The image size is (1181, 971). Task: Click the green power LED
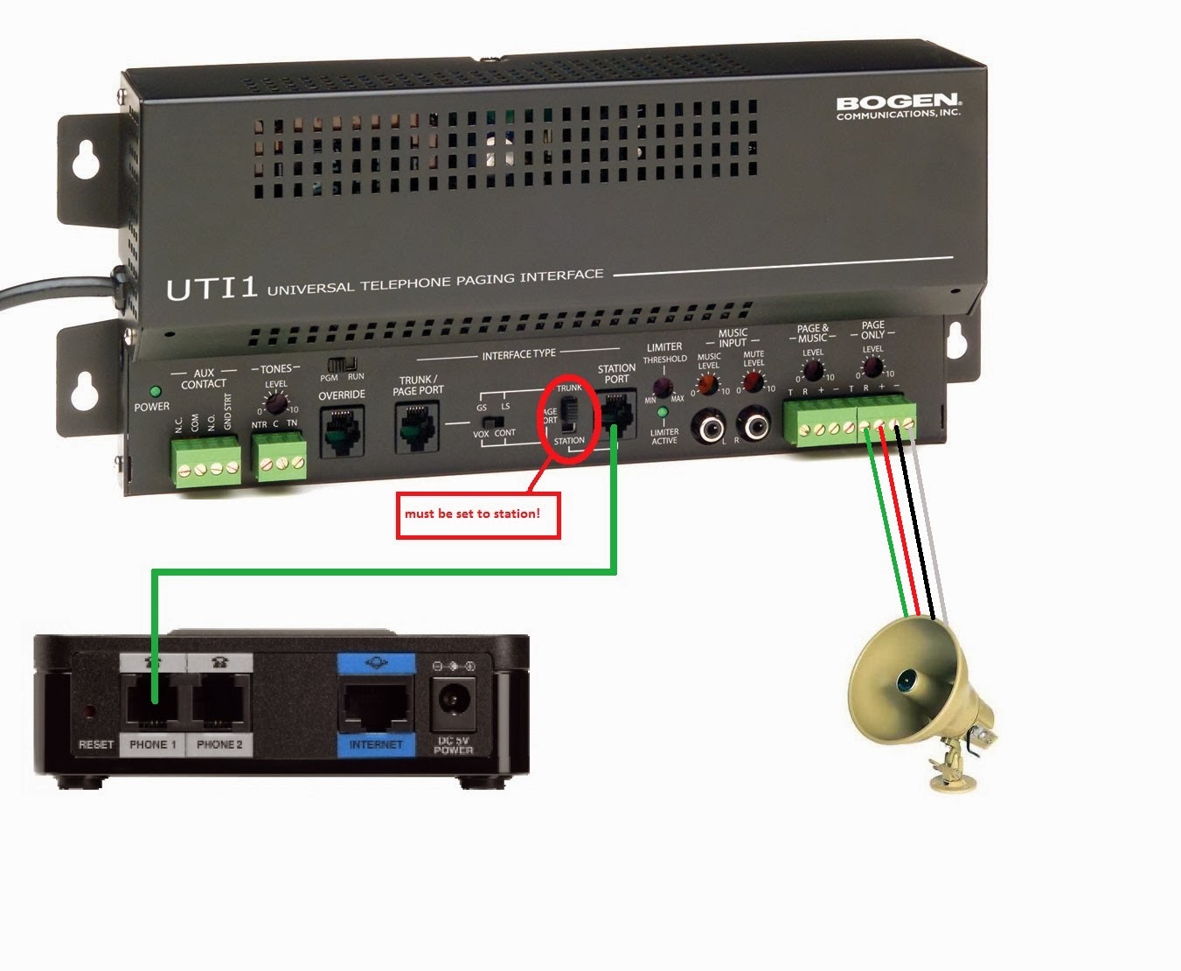point(156,392)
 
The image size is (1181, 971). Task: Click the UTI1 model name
point(212,289)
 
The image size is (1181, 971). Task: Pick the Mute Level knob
point(753,382)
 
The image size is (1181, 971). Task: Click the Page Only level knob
point(872,367)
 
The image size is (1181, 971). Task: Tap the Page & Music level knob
point(813,370)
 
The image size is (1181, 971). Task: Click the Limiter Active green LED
point(663,412)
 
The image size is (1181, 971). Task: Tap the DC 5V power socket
point(453,700)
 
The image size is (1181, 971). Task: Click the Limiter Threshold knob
point(663,388)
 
